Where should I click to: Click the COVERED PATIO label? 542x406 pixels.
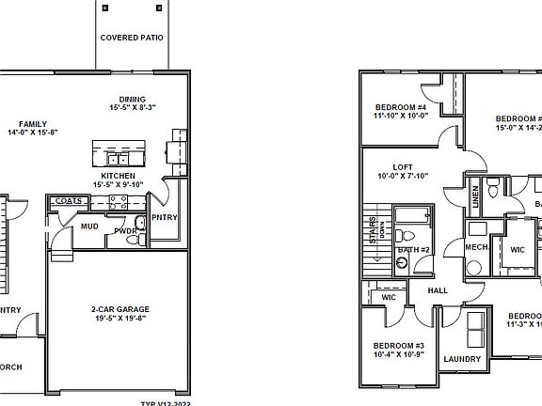pos(133,39)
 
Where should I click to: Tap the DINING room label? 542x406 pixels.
pos(132,100)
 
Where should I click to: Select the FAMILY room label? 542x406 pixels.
pos(32,123)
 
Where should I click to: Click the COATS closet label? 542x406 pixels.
pos(68,200)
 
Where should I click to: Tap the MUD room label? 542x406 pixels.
pos(89,226)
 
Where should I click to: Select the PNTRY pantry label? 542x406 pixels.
pos(164,218)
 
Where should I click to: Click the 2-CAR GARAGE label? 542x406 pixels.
pos(120,309)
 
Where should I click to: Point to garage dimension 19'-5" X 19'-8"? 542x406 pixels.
pos(120,319)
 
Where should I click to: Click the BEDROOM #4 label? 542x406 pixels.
pos(401,108)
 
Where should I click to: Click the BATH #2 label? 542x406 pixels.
pos(413,249)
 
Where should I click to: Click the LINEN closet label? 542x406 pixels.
pos(476,195)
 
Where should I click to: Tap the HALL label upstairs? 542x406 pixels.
pos(438,290)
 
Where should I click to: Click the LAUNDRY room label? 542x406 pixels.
pos(462,359)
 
